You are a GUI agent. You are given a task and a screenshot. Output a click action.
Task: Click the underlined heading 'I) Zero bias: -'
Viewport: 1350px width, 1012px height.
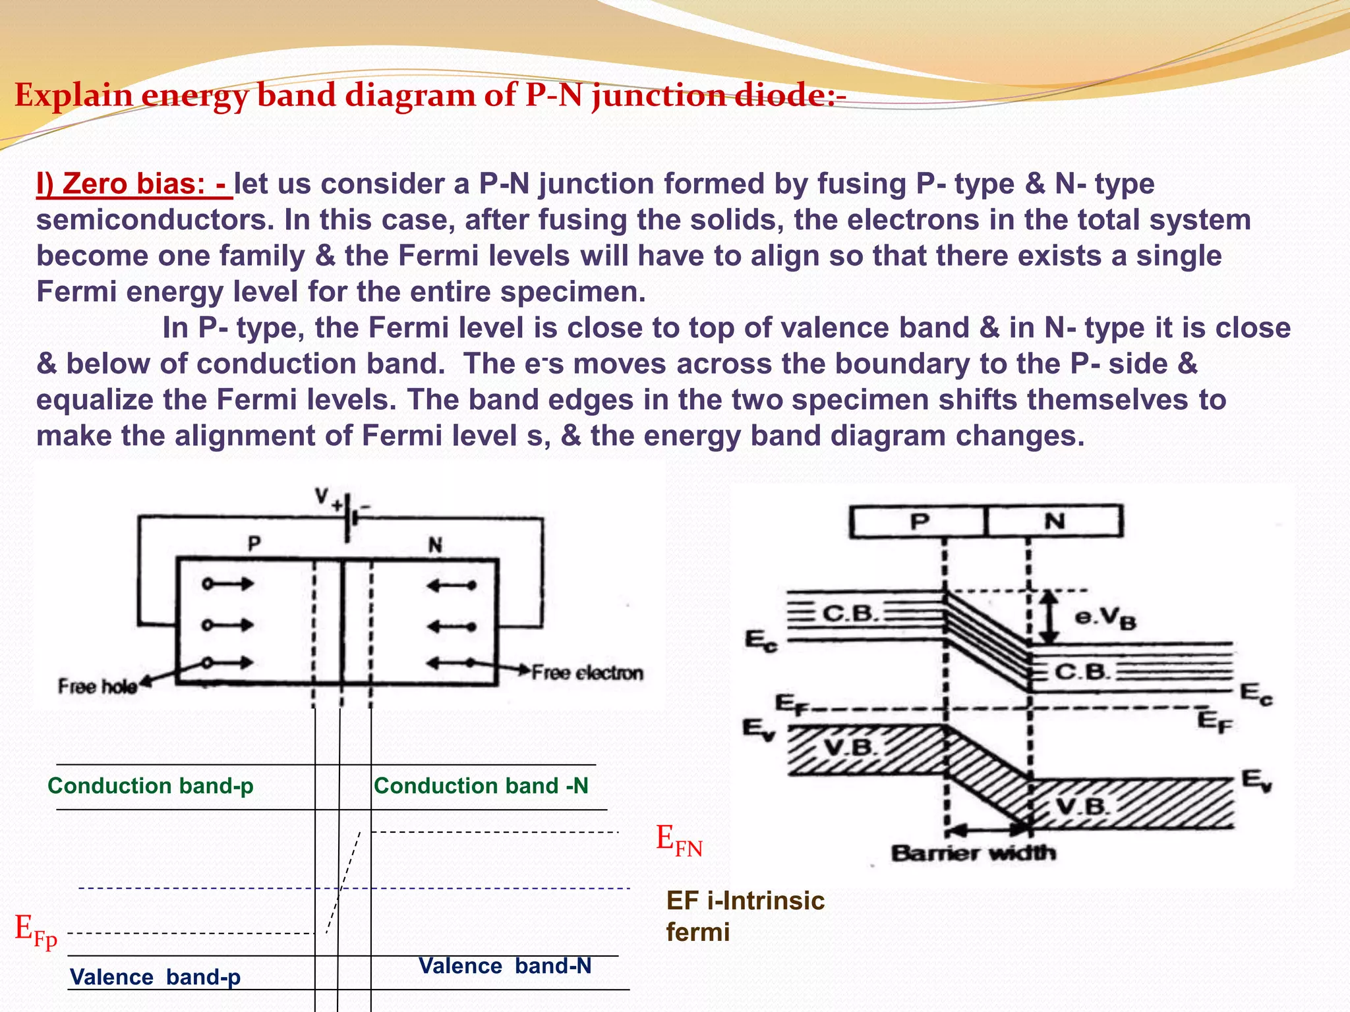click(x=134, y=184)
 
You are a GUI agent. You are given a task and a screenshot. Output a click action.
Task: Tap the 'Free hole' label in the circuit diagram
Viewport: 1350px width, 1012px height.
click(x=97, y=687)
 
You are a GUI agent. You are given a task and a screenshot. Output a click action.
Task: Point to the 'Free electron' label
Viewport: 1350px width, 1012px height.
click(x=587, y=673)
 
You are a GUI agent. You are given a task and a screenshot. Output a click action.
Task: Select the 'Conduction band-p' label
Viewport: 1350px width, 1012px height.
click(x=150, y=786)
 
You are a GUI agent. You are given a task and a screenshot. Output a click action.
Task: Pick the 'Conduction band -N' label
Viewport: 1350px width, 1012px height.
click(x=481, y=786)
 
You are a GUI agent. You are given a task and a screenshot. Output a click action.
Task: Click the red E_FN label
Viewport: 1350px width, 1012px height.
click(x=679, y=841)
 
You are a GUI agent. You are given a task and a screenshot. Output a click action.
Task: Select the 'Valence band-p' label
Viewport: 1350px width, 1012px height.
click(x=155, y=976)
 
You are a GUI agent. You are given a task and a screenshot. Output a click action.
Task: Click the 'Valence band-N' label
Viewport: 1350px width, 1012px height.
click(x=505, y=966)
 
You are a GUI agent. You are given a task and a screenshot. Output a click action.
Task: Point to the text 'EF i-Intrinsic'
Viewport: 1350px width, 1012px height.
click(x=745, y=901)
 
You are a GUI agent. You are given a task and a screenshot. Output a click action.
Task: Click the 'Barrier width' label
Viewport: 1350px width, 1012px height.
click(x=973, y=853)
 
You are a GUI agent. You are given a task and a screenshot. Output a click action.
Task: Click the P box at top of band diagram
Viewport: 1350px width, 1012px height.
click(x=919, y=522)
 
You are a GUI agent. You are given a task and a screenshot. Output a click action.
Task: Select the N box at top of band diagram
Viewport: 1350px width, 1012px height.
click(x=1055, y=522)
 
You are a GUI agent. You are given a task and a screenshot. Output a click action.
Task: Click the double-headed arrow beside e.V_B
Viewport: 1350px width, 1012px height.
click(x=1049, y=617)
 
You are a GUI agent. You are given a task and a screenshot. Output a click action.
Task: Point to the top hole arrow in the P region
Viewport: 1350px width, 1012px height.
click(x=228, y=584)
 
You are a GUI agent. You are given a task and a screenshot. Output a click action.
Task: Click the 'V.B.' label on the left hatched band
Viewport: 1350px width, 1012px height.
click(x=850, y=748)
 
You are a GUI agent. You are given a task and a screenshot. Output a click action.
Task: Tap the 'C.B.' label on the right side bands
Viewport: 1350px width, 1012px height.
click(x=1081, y=672)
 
